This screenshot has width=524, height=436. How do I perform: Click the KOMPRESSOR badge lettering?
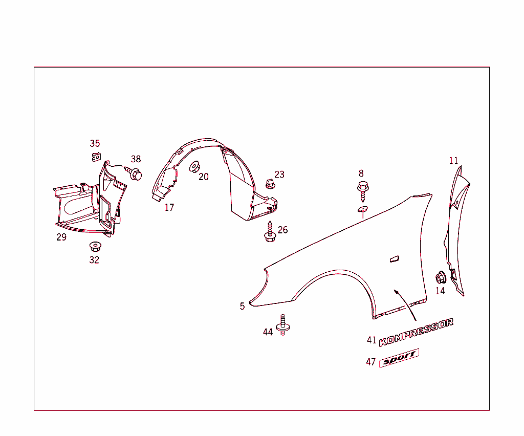(x=417, y=332)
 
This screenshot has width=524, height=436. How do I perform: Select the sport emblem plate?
(x=399, y=358)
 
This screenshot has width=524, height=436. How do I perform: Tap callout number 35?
(x=95, y=143)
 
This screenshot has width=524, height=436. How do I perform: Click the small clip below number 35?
(x=96, y=157)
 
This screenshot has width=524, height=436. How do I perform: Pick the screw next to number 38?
(x=134, y=173)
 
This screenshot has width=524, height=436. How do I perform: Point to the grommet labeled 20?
(x=194, y=167)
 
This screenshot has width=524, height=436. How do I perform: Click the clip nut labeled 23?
(x=270, y=184)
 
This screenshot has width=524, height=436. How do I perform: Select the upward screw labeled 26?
(x=270, y=231)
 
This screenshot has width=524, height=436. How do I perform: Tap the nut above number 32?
(x=96, y=247)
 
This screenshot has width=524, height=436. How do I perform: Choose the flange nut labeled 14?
(x=441, y=278)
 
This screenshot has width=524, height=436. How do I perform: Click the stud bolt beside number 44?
(x=282, y=325)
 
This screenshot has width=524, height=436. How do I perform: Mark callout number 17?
(x=169, y=207)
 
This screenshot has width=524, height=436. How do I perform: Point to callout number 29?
(x=61, y=237)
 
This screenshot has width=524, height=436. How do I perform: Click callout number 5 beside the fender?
(x=242, y=306)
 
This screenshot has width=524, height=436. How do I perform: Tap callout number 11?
(x=453, y=161)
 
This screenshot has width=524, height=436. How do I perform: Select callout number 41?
(x=372, y=340)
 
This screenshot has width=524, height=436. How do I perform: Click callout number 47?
(x=371, y=362)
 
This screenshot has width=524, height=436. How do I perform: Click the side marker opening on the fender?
(x=395, y=259)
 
